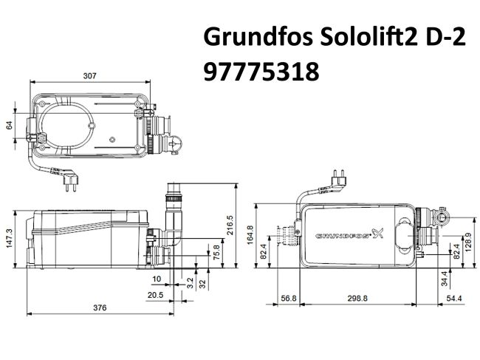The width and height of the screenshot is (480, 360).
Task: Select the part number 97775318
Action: (x=260, y=72)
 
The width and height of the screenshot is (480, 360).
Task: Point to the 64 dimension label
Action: (x=9, y=125)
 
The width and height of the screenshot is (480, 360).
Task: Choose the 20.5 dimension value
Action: (x=155, y=295)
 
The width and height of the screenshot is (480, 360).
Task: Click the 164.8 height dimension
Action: (x=250, y=234)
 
